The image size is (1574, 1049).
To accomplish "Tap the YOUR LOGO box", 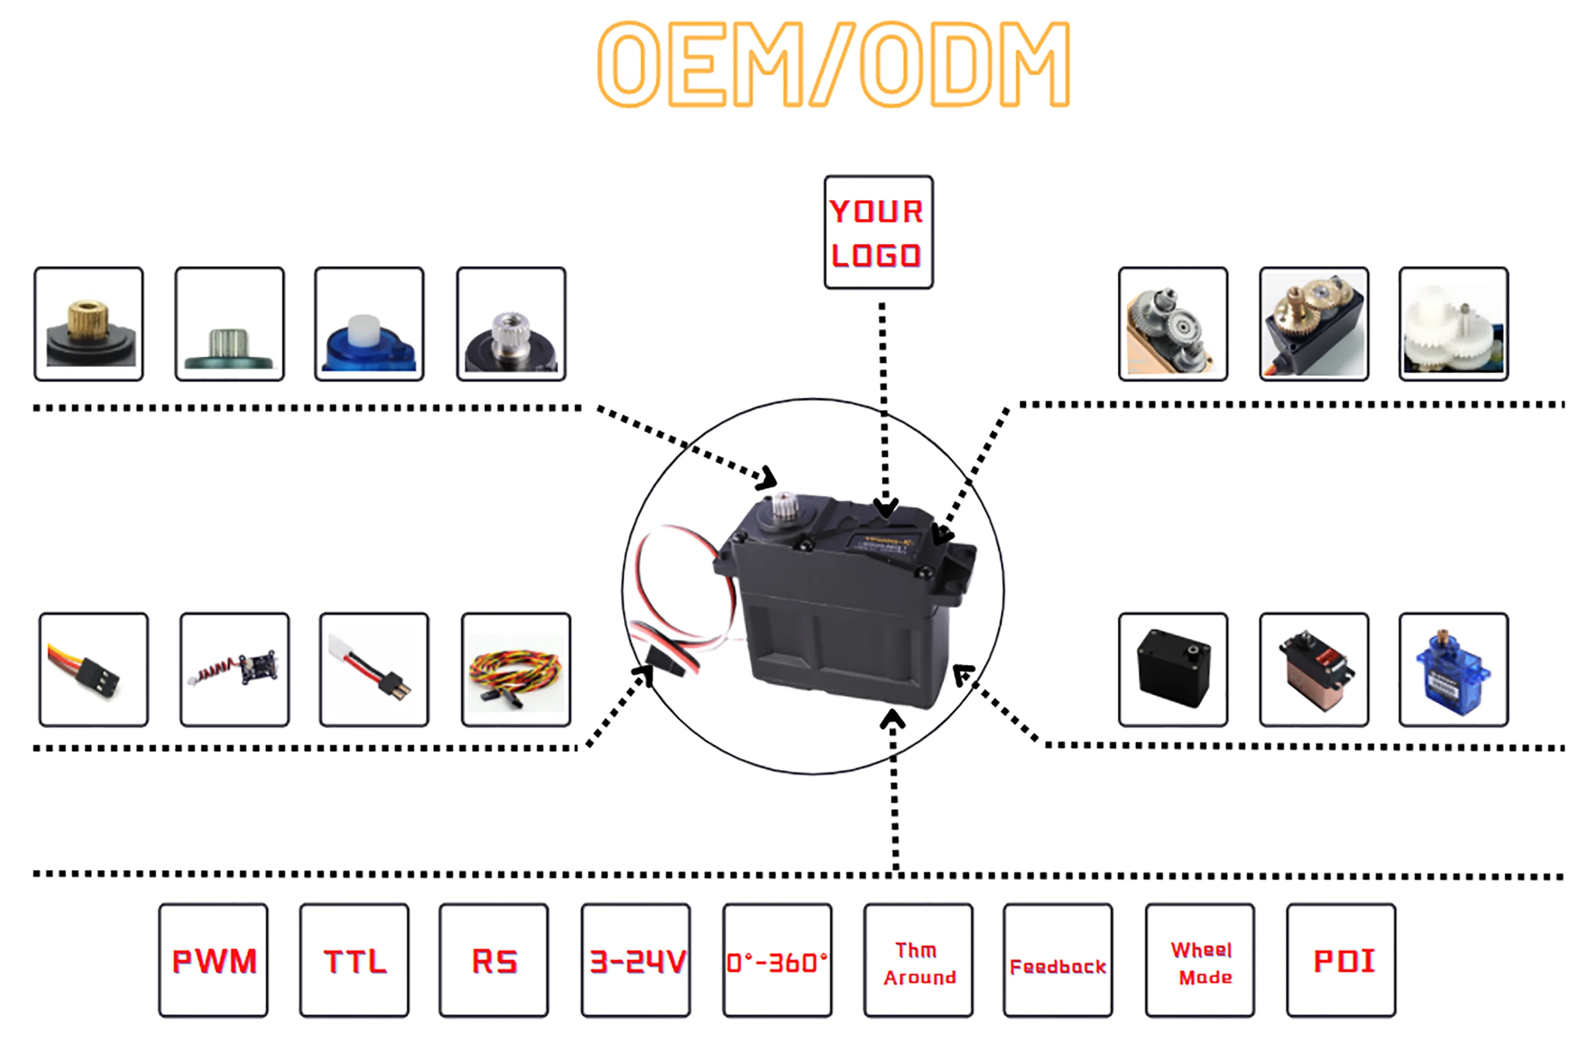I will (x=878, y=232).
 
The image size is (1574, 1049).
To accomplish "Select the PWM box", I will (x=213, y=960).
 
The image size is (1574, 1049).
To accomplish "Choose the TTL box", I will (x=354, y=960).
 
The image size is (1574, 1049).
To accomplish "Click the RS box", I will (x=494, y=960).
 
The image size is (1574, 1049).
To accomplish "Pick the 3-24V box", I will (x=636, y=960).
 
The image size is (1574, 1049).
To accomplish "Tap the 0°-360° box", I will (x=777, y=960).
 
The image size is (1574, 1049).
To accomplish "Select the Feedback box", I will (x=1057, y=960).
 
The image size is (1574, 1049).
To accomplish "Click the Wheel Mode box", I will (x=1200, y=960).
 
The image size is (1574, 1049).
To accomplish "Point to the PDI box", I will (x=1341, y=960).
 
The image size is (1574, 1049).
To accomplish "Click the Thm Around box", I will (x=918, y=960).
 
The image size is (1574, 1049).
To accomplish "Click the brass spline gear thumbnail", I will (x=89, y=325).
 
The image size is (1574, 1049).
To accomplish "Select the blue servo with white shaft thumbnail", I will (x=370, y=325).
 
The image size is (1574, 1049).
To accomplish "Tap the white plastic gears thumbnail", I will (x=1453, y=325).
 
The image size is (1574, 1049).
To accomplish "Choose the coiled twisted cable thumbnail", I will (x=516, y=670).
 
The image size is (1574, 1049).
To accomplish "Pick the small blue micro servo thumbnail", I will (x=1453, y=670).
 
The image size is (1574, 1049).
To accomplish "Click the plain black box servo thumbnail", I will (x=1173, y=670).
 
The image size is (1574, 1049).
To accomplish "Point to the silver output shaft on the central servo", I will (x=784, y=507).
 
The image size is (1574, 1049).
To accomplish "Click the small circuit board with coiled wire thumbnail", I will (x=235, y=670).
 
